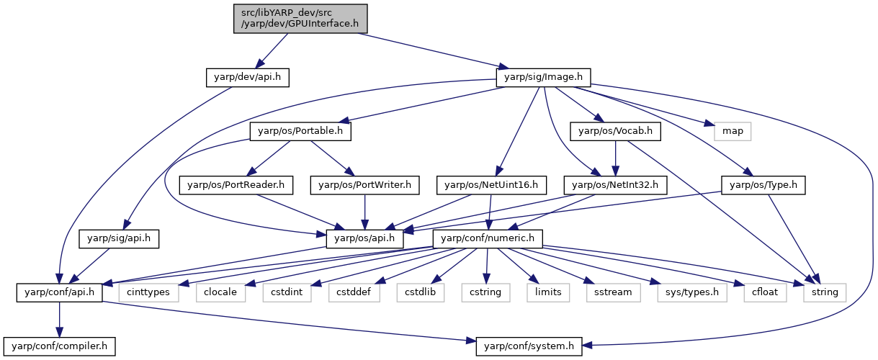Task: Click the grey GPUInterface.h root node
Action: (300, 19)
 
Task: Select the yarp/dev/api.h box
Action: (247, 78)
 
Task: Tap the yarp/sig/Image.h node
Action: (543, 78)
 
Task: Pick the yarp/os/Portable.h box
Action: (300, 131)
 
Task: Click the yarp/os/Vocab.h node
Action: (615, 131)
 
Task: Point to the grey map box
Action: (733, 131)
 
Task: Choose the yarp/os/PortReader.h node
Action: (236, 185)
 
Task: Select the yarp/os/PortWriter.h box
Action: (364, 185)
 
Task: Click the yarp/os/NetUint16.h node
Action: (491, 185)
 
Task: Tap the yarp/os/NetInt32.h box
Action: (615, 185)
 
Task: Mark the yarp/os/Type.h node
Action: (763, 185)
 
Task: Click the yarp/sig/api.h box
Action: (119, 239)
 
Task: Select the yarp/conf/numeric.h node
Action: (488, 239)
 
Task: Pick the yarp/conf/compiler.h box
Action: (60, 347)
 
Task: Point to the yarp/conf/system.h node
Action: (529, 347)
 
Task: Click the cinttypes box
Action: (148, 293)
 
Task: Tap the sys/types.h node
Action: (692, 293)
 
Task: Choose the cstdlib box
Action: (420, 293)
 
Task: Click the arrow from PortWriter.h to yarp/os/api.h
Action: (364, 212)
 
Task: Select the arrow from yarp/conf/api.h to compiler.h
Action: (60, 320)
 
